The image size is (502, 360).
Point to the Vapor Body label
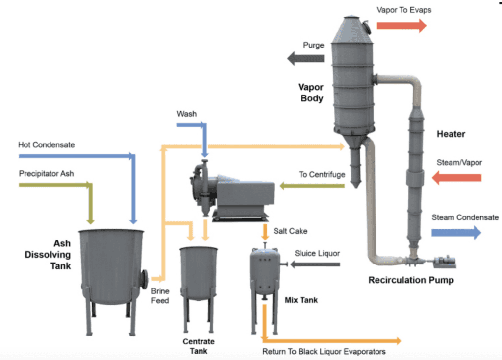[x=311, y=93]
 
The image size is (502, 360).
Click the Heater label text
[x=451, y=133]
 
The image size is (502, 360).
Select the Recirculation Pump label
[x=411, y=280]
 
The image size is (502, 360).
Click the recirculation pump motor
[x=444, y=262]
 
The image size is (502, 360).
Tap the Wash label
[x=187, y=114]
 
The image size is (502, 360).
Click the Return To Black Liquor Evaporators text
[x=324, y=351]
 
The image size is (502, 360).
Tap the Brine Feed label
[x=160, y=295]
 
